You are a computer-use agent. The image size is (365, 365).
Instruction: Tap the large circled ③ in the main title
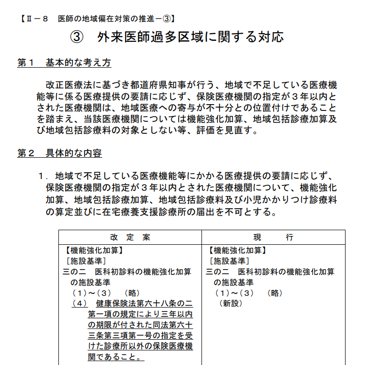click(79, 37)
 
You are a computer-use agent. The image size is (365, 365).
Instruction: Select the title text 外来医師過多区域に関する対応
click(190, 37)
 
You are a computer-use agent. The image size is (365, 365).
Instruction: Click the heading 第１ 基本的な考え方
click(64, 63)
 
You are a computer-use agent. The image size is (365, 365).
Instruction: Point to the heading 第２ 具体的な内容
click(59, 153)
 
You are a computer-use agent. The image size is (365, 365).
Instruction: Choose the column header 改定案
click(130, 237)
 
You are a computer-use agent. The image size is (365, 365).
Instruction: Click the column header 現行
click(274, 237)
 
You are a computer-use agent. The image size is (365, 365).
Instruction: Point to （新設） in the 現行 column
click(231, 304)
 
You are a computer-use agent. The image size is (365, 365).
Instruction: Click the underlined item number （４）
click(79, 304)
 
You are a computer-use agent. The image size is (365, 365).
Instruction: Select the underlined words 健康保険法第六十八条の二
click(144, 304)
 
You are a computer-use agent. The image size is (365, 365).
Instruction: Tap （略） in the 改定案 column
click(132, 293)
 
